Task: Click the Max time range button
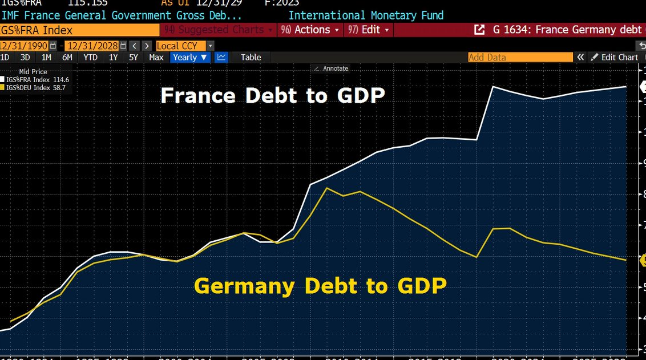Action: click(156, 57)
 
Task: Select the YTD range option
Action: click(90, 57)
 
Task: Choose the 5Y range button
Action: click(134, 57)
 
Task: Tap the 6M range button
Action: click(67, 57)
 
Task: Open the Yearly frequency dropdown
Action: click(190, 57)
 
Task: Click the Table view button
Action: click(251, 57)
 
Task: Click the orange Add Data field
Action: click(520, 57)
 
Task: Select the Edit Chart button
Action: click(615, 57)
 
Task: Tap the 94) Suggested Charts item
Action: click(217, 30)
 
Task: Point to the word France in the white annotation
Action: click(197, 96)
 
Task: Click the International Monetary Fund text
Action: click(366, 15)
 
